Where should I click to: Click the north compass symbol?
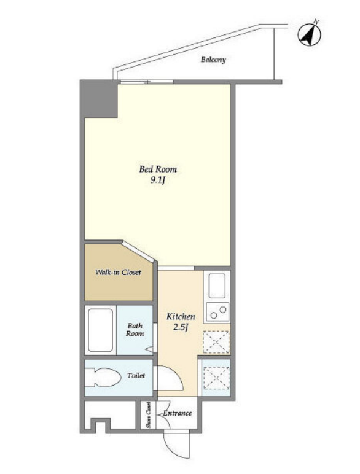click(310, 34)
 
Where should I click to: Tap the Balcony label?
click(213, 60)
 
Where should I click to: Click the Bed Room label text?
click(158, 169)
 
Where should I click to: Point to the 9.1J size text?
click(158, 181)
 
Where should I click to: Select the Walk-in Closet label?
click(118, 273)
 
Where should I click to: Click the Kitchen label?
click(181, 316)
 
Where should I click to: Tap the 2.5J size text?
click(181, 327)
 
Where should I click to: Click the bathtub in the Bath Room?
click(100, 330)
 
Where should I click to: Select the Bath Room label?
click(135, 330)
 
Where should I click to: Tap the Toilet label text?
click(136, 375)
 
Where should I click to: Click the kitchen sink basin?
click(217, 286)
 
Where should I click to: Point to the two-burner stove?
click(217, 312)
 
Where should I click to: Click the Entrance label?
click(178, 413)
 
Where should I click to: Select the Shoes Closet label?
click(148, 415)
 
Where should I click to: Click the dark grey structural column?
click(99, 99)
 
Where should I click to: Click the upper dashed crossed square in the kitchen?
click(216, 342)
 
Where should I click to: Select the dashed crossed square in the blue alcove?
click(216, 378)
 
